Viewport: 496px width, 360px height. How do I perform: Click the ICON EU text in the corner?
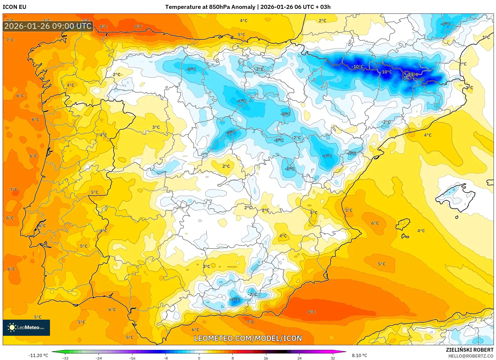point(15,7)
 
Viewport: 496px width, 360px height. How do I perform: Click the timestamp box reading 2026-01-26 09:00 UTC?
point(48,26)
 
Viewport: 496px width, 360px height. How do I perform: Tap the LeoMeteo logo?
point(26,327)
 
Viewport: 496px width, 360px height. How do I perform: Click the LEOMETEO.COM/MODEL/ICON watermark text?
point(248,338)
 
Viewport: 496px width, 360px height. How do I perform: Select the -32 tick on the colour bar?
point(65,358)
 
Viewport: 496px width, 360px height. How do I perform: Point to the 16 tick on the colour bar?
point(266,358)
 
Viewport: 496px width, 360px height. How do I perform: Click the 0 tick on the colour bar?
point(199,358)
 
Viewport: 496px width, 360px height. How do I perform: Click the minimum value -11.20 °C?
point(38,355)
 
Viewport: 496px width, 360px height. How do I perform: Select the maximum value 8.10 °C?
point(359,355)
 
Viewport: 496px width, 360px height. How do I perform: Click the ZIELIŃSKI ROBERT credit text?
point(469,350)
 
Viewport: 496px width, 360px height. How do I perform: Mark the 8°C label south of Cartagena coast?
point(311,312)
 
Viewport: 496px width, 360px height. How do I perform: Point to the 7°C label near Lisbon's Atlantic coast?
point(13,190)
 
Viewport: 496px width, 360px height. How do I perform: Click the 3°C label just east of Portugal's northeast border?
point(156,127)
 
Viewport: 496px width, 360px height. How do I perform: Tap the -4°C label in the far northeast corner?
point(445,24)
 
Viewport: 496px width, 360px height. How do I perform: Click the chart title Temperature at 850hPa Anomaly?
point(210,7)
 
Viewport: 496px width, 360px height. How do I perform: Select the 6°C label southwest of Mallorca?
point(375,223)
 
